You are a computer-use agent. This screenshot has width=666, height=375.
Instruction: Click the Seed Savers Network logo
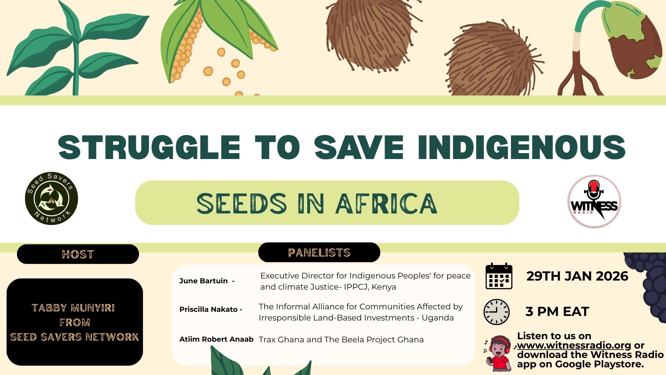pos(51,198)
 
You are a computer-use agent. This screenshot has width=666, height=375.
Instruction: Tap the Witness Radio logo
pos(594,201)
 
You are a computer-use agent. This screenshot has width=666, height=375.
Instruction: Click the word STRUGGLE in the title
pos(149,147)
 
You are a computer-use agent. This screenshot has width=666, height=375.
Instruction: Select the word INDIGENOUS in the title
pos(521,147)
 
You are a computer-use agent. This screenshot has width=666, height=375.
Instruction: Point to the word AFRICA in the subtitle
pos(386,203)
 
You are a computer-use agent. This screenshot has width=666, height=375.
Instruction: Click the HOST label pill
pos(78,254)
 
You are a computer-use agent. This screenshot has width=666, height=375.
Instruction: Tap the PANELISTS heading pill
pos(319,252)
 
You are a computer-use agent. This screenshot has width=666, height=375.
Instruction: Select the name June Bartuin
pos(203,281)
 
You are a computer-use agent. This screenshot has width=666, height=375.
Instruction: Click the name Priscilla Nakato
pos(208,309)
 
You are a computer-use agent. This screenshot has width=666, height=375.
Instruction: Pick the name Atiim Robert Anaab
pos(216,339)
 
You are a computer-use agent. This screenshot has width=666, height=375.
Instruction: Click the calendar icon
pos(499,276)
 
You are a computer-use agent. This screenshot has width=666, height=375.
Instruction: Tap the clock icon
pos(496,312)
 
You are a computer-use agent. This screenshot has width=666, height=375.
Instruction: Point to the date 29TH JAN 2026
pos(577,276)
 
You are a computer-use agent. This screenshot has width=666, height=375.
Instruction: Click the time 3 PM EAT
pos(557,311)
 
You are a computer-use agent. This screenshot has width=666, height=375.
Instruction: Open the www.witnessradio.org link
pos(574,345)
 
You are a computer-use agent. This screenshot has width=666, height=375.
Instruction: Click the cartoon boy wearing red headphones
pos(498,353)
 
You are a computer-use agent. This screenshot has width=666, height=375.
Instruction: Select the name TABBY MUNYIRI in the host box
pos(73,308)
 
